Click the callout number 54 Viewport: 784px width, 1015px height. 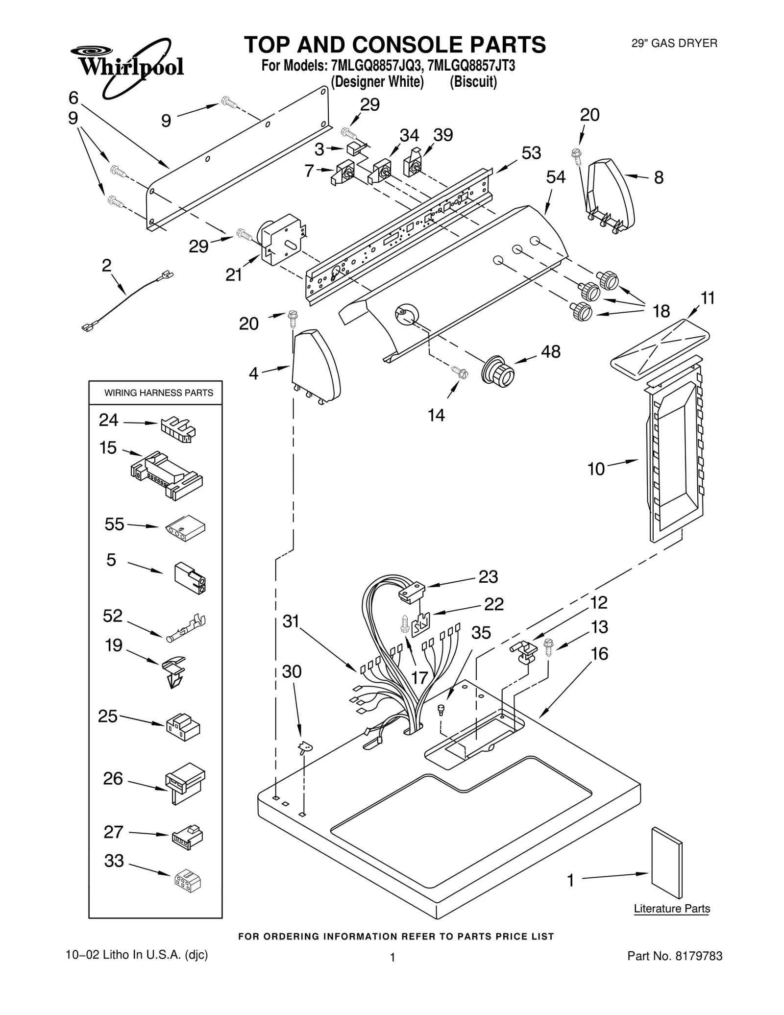click(556, 177)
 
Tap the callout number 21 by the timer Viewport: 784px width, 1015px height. click(234, 275)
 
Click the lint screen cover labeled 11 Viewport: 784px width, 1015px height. click(660, 344)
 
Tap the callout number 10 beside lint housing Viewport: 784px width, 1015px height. click(596, 470)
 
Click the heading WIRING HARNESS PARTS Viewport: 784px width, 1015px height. click(158, 393)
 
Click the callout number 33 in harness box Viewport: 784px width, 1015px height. click(114, 861)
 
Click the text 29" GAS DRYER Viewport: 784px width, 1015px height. click(674, 43)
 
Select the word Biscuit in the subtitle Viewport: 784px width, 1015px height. click(473, 82)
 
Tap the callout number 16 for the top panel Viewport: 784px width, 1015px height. click(599, 653)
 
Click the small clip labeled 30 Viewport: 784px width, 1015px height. click(306, 747)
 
